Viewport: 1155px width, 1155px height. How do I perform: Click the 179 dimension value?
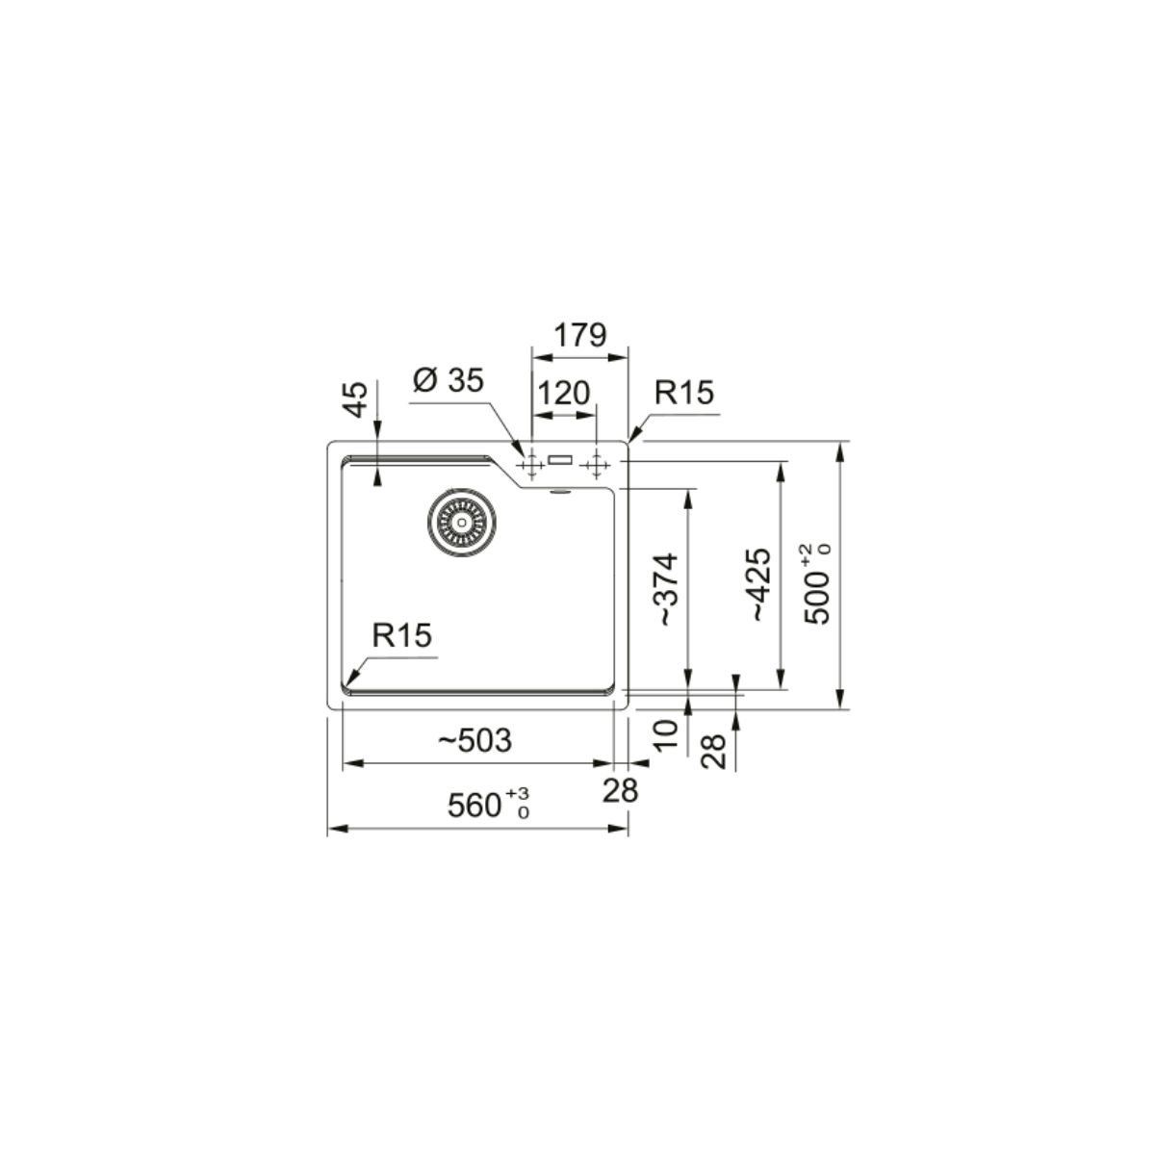click(579, 336)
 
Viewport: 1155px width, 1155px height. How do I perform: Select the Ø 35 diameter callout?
click(448, 380)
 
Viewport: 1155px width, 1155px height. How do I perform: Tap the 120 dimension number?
click(563, 394)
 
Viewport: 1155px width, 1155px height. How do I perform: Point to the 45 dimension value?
click(356, 399)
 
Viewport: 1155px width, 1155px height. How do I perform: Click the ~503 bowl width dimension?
click(475, 741)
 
